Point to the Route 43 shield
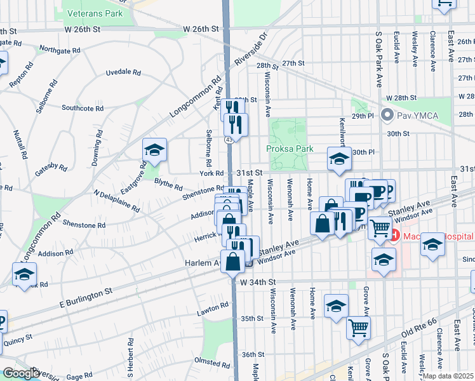[x=228, y=138]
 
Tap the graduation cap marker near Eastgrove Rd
[x=154, y=150]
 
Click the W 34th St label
[x=257, y=281]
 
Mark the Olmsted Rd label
[x=212, y=364]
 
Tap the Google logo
[x=21, y=373]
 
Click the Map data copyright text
[x=448, y=376]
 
